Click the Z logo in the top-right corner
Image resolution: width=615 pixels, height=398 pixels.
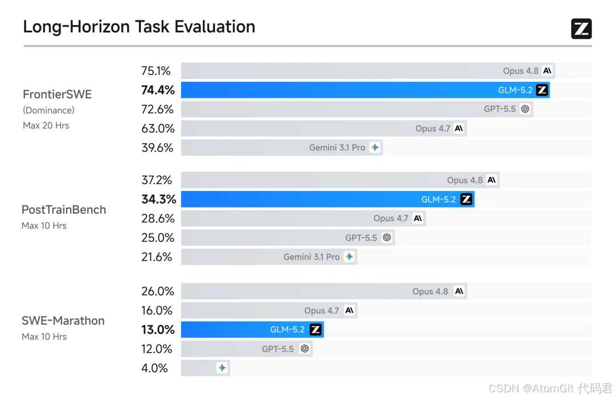tap(581, 28)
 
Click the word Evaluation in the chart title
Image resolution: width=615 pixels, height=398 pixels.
tap(215, 27)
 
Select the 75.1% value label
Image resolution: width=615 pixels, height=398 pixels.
tap(155, 71)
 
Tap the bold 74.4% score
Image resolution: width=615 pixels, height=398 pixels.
tap(158, 90)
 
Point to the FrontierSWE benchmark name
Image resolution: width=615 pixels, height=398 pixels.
tap(58, 94)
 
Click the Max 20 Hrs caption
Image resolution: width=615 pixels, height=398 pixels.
tap(46, 125)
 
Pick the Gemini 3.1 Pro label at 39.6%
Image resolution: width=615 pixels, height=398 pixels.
tap(337, 148)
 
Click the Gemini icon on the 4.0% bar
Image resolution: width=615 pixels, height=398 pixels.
tap(222, 368)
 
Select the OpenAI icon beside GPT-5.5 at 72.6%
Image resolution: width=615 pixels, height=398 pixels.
tap(525, 109)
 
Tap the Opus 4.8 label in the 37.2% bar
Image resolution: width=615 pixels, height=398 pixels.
tap(465, 180)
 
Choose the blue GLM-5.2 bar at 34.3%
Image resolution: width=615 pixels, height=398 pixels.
tap(327, 200)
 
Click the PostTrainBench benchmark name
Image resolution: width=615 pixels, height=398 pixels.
tap(64, 210)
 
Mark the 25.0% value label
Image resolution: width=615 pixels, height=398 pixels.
tap(158, 238)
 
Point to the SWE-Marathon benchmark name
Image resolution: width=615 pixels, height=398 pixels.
tap(63, 321)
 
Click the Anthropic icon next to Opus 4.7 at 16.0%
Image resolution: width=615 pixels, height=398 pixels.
tap(349, 310)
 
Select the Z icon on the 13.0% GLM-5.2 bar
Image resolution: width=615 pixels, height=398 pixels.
tap(315, 329)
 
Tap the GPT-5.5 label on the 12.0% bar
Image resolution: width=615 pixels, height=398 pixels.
tap(278, 349)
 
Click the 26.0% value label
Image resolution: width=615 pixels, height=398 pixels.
tap(158, 292)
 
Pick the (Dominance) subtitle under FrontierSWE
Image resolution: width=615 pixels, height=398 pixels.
tap(48, 110)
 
